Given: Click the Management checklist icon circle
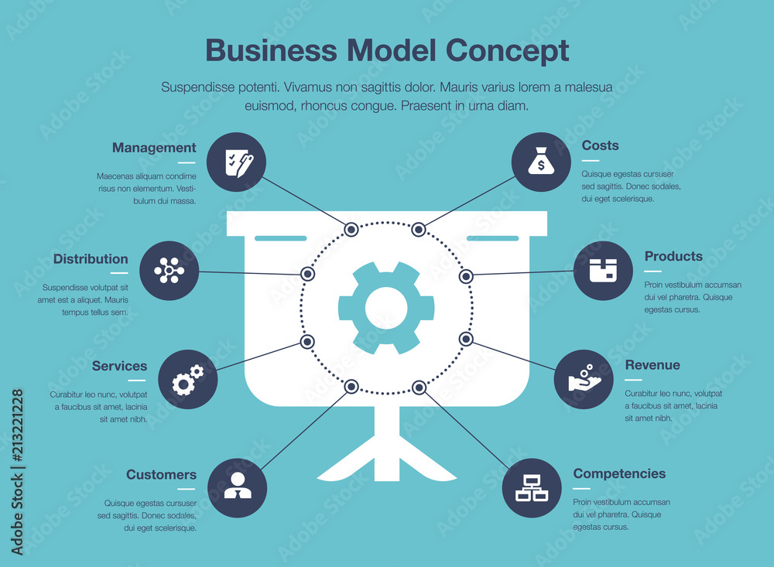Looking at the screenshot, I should click(236, 162).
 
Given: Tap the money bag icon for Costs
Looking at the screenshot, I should click(541, 162).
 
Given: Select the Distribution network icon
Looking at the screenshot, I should click(170, 271).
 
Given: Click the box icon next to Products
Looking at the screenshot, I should click(603, 271).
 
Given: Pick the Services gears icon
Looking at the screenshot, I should click(187, 379).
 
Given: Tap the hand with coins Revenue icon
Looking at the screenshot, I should click(584, 379).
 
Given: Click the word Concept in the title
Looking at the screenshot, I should click(507, 50).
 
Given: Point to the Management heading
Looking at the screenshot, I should click(154, 148).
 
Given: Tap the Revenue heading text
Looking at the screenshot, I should click(652, 365).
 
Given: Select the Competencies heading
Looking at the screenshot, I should click(619, 473).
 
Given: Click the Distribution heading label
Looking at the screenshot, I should click(91, 259).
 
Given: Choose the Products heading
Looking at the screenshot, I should click(673, 256).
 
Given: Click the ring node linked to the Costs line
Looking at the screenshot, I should click(419, 229).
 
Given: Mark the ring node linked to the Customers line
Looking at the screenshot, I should click(351, 386).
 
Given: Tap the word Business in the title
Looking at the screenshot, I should click(271, 50).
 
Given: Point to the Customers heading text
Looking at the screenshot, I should click(161, 475).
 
